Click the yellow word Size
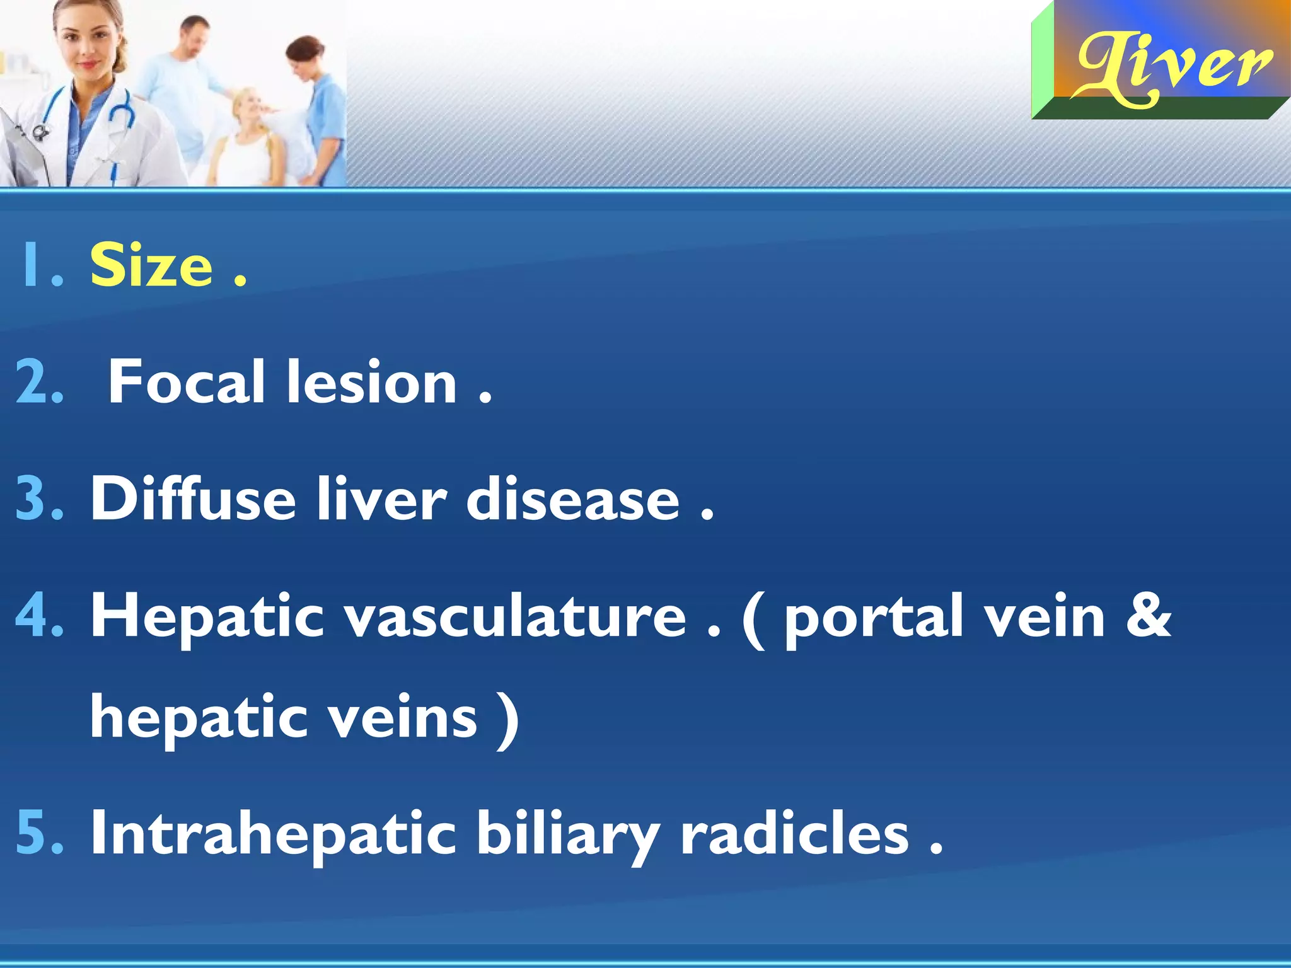(151, 265)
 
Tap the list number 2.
(39, 382)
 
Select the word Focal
(186, 382)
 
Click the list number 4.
(39, 616)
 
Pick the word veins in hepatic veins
(403, 717)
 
